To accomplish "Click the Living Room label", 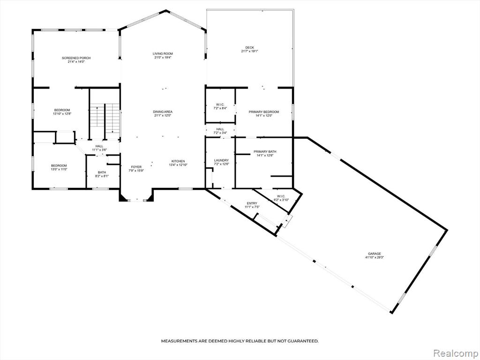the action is coord(163,53).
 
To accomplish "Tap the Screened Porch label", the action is coord(76,58).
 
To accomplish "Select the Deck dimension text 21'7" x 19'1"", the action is coord(249,52).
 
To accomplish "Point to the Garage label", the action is coord(375,254).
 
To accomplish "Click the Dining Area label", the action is coord(163,112).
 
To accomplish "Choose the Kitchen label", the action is coord(178,161).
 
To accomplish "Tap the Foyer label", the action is coord(136,167).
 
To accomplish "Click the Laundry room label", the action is coord(221,160).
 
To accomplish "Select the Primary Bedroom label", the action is coord(264,112).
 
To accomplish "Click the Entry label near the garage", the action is coord(252,203).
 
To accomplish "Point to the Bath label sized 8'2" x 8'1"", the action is coord(102,172).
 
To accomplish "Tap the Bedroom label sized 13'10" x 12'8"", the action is coord(62,110).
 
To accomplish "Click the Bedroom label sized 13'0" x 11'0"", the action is coord(59,165).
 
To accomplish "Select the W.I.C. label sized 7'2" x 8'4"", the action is coord(220,105).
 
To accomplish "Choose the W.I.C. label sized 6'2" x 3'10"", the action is coord(281,196).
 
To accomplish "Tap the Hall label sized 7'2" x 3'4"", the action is coord(220,129).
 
